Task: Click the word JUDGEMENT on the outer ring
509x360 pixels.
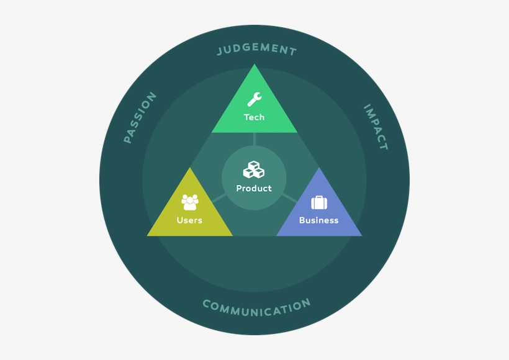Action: point(256,50)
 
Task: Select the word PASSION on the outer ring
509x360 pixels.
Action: point(140,118)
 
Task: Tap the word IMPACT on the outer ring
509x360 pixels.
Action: point(376,127)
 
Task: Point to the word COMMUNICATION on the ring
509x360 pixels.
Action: point(256,306)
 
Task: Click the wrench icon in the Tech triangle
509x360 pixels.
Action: point(254,99)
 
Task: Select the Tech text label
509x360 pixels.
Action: point(254,117)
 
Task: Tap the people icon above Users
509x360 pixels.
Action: point(189,202)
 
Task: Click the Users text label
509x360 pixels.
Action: point(189,220)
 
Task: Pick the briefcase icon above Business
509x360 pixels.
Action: point(319,202)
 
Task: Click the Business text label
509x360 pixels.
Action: point(319,220)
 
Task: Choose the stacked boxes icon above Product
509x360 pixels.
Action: point(254,169)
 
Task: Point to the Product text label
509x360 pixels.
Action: point(254,189)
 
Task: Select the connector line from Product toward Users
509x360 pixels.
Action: point(219,198)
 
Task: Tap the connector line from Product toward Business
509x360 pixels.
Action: point(289,198)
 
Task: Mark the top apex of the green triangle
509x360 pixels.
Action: point(254,65)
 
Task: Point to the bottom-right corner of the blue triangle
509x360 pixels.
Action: point(361,235)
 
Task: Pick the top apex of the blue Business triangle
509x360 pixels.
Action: point(319,168)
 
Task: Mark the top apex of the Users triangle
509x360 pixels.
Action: point(189,168)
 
